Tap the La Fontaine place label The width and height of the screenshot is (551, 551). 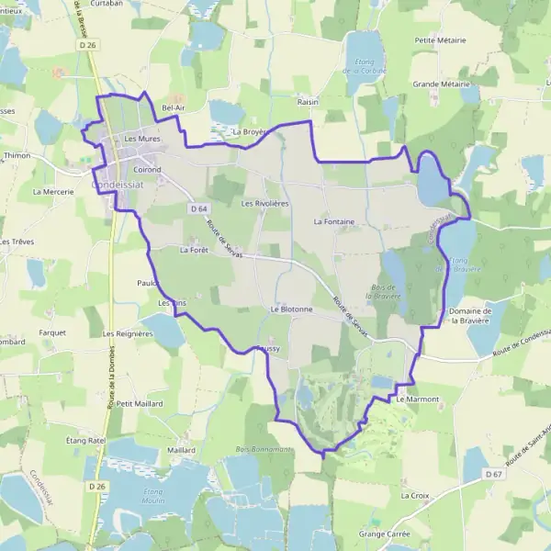(333, 221)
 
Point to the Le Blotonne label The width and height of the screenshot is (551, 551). (292, 309)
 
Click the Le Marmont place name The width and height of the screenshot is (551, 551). (418, 399)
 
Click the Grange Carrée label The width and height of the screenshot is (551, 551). (384, 533)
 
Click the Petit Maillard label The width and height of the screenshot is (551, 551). (140, 403)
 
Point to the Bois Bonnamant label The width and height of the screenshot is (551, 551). (264, 448)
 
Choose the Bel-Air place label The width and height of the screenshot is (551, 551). (174, 107)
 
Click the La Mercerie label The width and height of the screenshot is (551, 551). (52, 192)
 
